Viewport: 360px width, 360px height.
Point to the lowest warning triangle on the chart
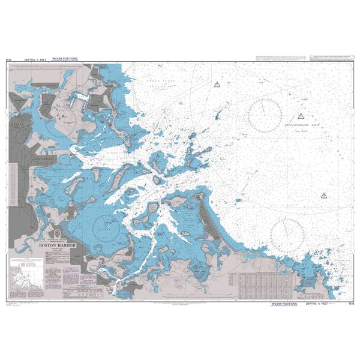click(323, 195)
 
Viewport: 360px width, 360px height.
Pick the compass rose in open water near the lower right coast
click(286, 235)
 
